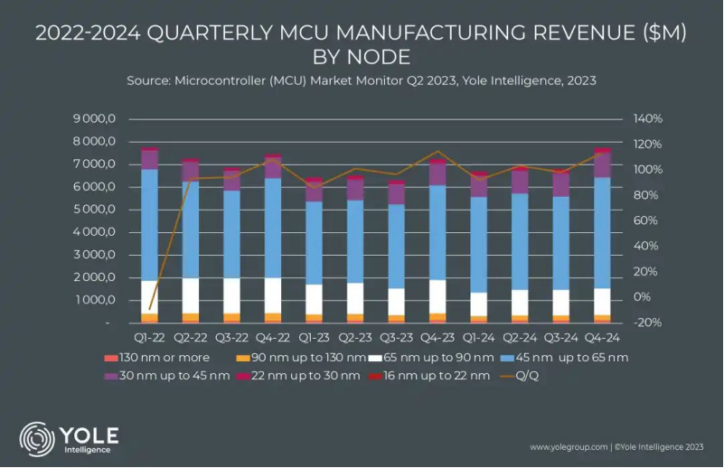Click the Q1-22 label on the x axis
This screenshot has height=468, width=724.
(150, 338)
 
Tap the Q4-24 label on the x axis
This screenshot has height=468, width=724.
(602, 338)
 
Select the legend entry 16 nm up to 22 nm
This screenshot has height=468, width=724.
(435, 376)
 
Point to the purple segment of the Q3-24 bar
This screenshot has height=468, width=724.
(561, 184)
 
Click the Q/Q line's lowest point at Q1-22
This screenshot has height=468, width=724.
(150, 309)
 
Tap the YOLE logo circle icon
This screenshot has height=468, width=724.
(37, 438)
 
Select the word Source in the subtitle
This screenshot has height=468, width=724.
(151, 80)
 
